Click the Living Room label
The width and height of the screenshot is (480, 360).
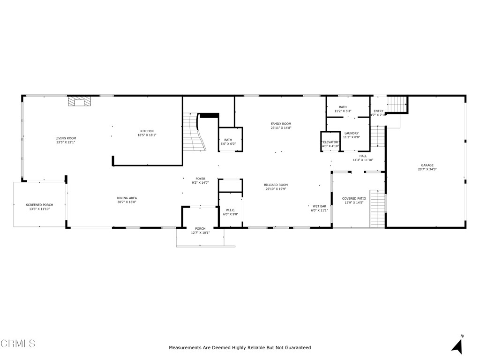tap(66, 138)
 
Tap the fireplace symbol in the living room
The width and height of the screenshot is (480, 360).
tap(79, 101)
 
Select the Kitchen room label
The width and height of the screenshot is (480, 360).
tap(147, 131)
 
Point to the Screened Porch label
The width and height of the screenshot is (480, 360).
tap(39, 205)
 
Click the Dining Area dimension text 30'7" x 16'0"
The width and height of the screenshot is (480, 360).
tap(127, 202)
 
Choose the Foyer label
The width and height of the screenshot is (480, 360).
tap(200, 179)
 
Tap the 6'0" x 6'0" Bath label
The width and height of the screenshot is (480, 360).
tap(228, 140)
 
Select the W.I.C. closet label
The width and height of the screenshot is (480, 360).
tap(230, 210)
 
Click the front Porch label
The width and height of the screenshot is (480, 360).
tap(200, 229)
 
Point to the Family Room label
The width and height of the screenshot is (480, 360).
tap(281, 124)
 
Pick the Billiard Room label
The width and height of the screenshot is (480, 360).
tap(276, 185)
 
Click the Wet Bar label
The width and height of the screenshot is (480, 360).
tap(320, 206)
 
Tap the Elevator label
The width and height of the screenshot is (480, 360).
tap(330, 142)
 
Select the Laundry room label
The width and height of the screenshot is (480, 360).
tap(351, 133)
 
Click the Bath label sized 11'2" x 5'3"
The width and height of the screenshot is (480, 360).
tap(343, 107)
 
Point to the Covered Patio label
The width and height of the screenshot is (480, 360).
tap(354, 198)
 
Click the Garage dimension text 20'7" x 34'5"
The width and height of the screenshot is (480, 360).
tap(427, 169)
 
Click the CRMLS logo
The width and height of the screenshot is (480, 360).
tap(18, 344)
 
